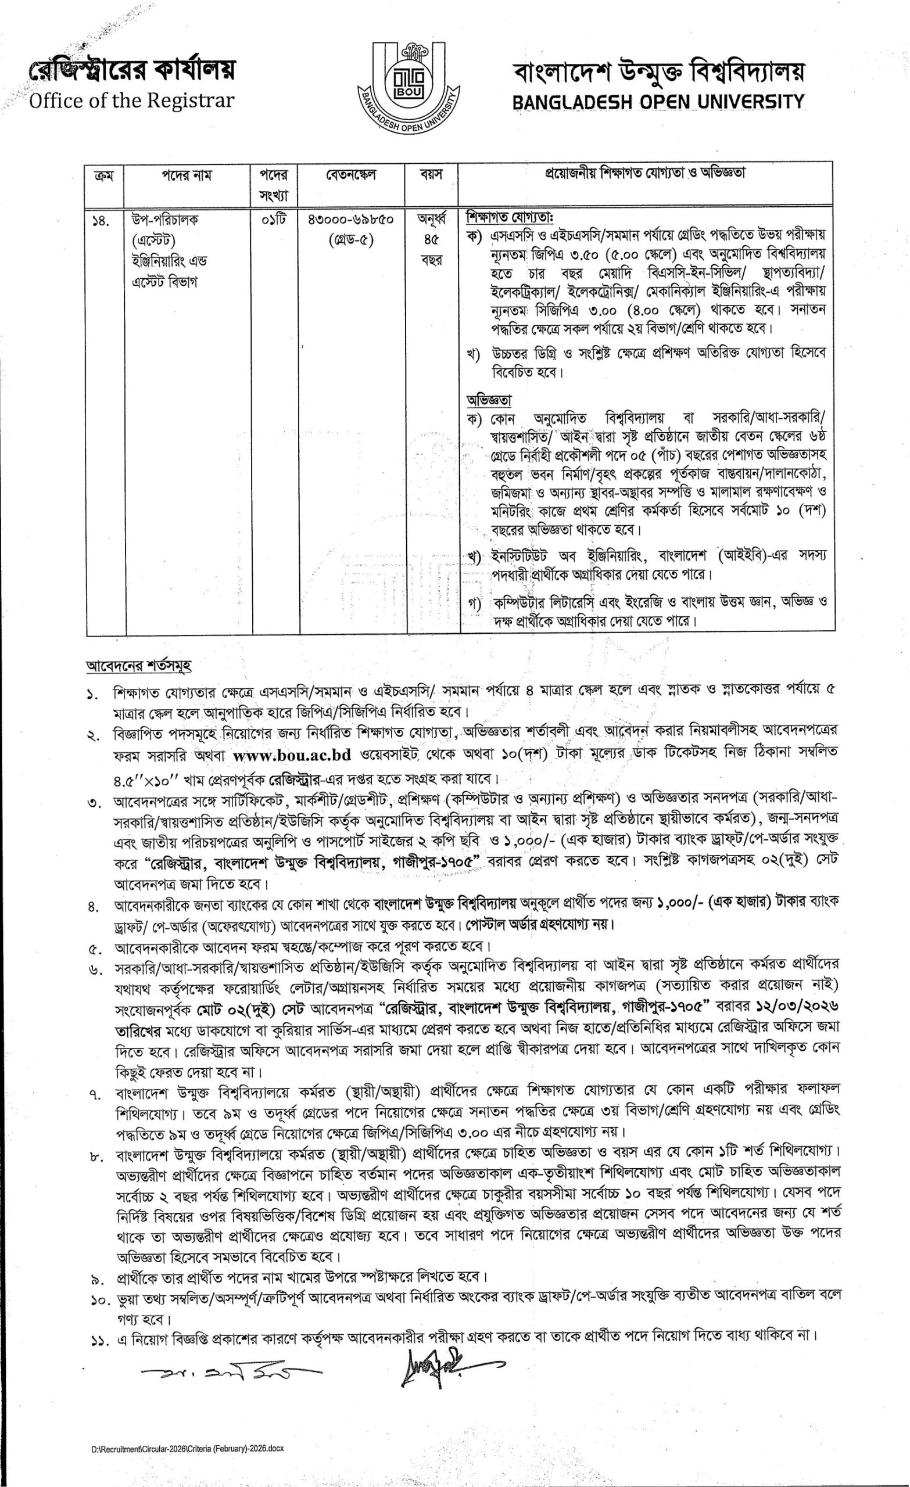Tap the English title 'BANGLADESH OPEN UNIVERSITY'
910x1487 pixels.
point(658,102)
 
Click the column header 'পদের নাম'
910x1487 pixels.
point(187,175)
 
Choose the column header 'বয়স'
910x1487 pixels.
point(431,175)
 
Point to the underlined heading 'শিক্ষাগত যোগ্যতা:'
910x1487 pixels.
point(510,217)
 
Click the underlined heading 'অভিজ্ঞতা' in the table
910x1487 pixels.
point(489,400)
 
